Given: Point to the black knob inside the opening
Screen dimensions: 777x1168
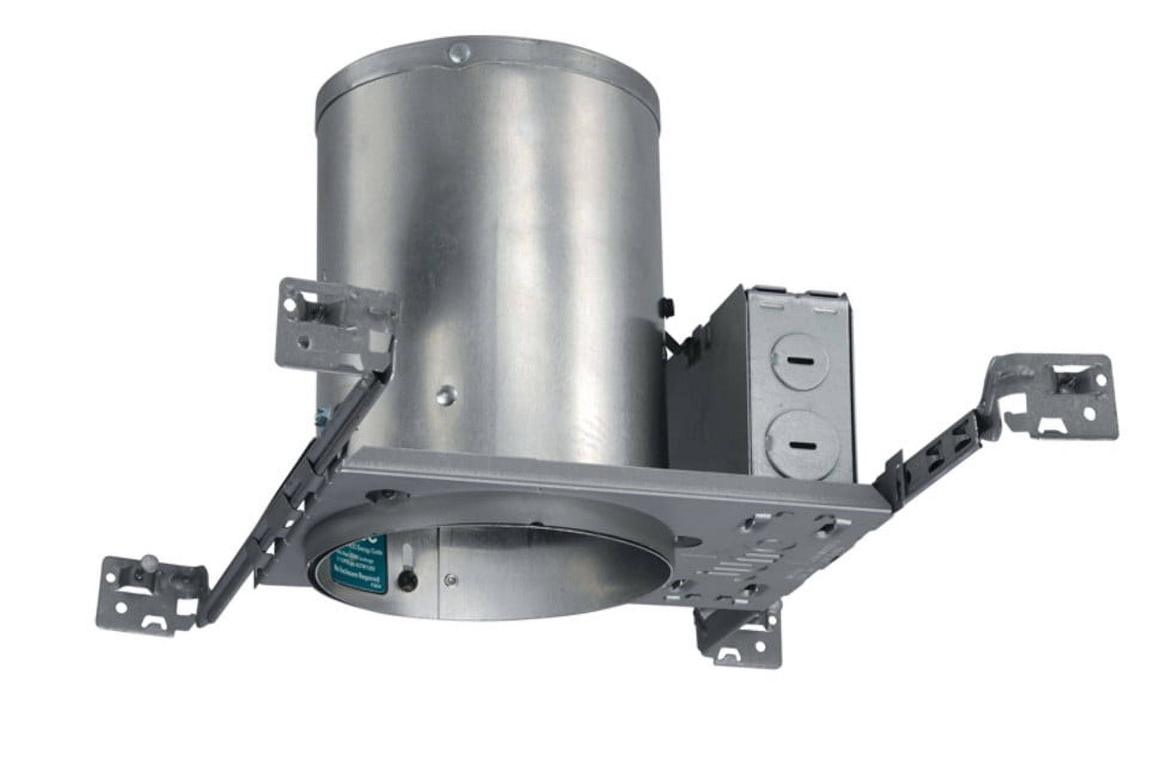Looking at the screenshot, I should click(406, 578).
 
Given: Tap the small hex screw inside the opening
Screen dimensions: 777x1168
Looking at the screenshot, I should click(452, 578).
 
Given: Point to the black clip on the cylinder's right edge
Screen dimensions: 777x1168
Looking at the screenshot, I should click(664, 307).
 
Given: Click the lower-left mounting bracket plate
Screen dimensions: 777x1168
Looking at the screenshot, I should click(149, 595).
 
